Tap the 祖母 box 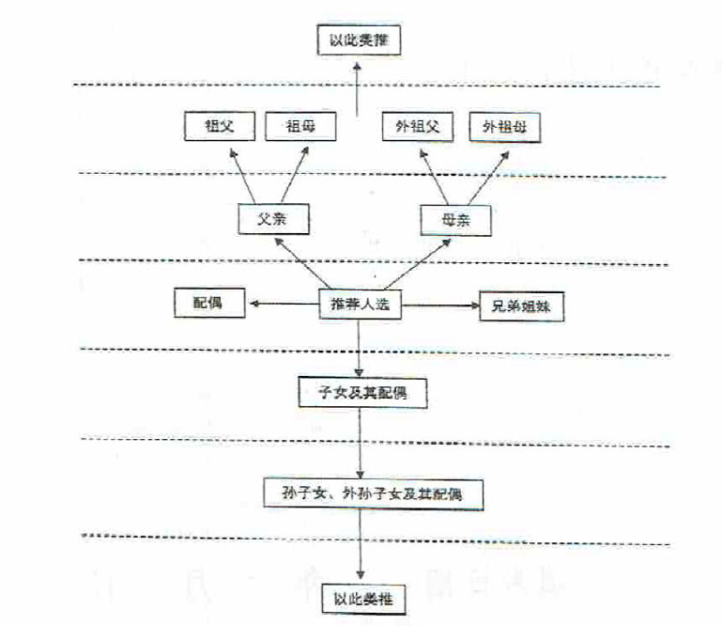coord(300,126)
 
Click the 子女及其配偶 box coord(362,392)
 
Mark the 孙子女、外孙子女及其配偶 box coord(375,492)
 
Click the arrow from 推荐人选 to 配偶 coord(281,304)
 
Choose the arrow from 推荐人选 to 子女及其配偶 coord(360,348)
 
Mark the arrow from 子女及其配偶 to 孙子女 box coord(360,442)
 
